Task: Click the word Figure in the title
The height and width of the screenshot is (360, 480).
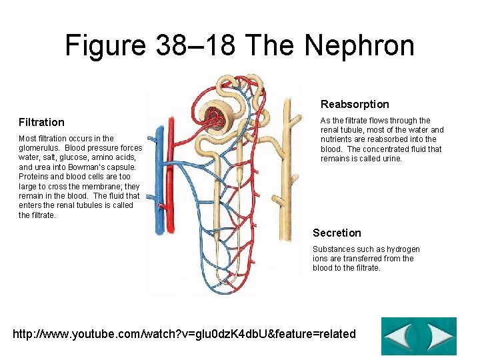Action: (x=104, y=45)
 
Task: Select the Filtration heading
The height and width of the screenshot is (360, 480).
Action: (x=41, y=122)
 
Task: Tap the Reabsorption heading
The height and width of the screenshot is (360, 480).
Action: (x=355, y=104)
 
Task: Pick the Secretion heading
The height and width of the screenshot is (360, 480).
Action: (x=337, y=233)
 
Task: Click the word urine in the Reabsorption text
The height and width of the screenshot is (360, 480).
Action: (x=391, y=159)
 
